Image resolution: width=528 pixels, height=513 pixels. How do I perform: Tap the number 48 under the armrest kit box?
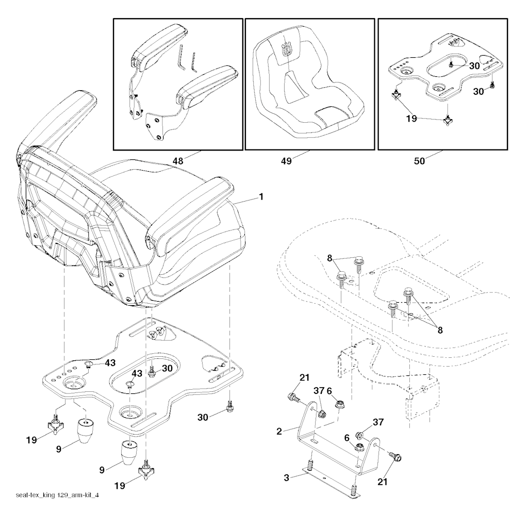click(178, 161)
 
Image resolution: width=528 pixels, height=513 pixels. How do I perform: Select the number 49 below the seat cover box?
click(286, 161)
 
